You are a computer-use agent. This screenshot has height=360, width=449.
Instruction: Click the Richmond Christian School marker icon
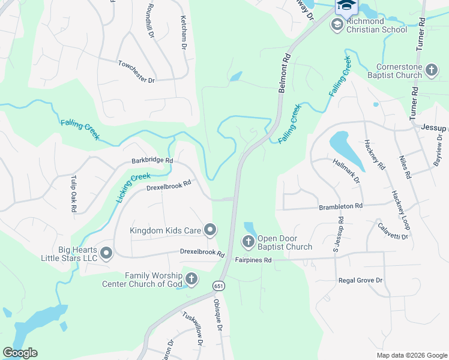337,24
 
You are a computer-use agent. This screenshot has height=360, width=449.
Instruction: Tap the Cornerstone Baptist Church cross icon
431,71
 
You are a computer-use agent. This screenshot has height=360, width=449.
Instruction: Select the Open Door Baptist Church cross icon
248,242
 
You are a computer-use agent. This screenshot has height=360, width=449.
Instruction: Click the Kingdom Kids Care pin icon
210,230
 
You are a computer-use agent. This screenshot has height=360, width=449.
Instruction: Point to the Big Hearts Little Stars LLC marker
106,253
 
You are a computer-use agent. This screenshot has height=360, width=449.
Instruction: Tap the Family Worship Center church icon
191,278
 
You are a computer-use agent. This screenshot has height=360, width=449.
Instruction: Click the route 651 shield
217,287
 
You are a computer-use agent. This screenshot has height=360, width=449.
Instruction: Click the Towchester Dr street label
137,71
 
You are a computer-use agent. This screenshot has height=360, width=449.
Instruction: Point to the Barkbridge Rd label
152,161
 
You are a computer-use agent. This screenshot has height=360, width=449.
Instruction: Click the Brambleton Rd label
341,206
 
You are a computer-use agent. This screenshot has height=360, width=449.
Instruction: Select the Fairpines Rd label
253,260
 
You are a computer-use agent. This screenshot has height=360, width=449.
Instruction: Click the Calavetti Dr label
393,231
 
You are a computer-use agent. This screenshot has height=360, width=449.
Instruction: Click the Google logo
20,353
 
